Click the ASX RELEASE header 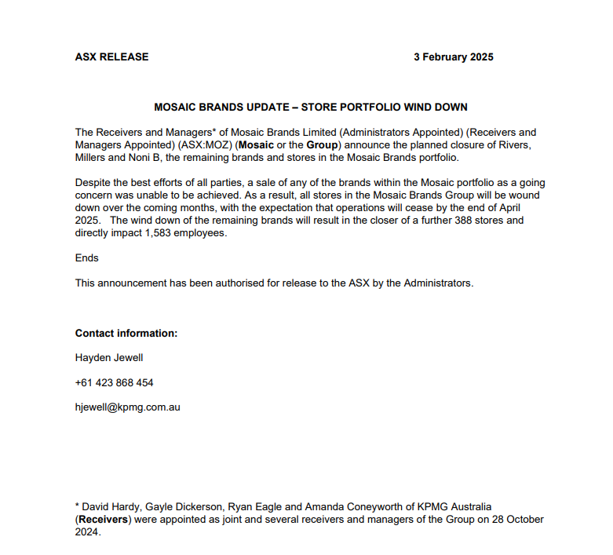pyautogui.click(x=111, y=57)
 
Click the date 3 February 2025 pyautogui.click(x=454, y=57)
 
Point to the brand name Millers pyautogui.click(x=93, y=159)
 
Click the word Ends pyautogui.click(x=87, y=257)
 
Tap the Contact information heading pyautogui.click(x=126, y=333)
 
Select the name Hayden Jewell pyautogui.click(x=109, y=358)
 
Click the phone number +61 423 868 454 pyautogui.click(x=115, y=383)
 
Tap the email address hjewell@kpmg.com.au pyautogui.click(x=128, y=407)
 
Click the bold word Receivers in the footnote pyautogui.click(x=105, y=520)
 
